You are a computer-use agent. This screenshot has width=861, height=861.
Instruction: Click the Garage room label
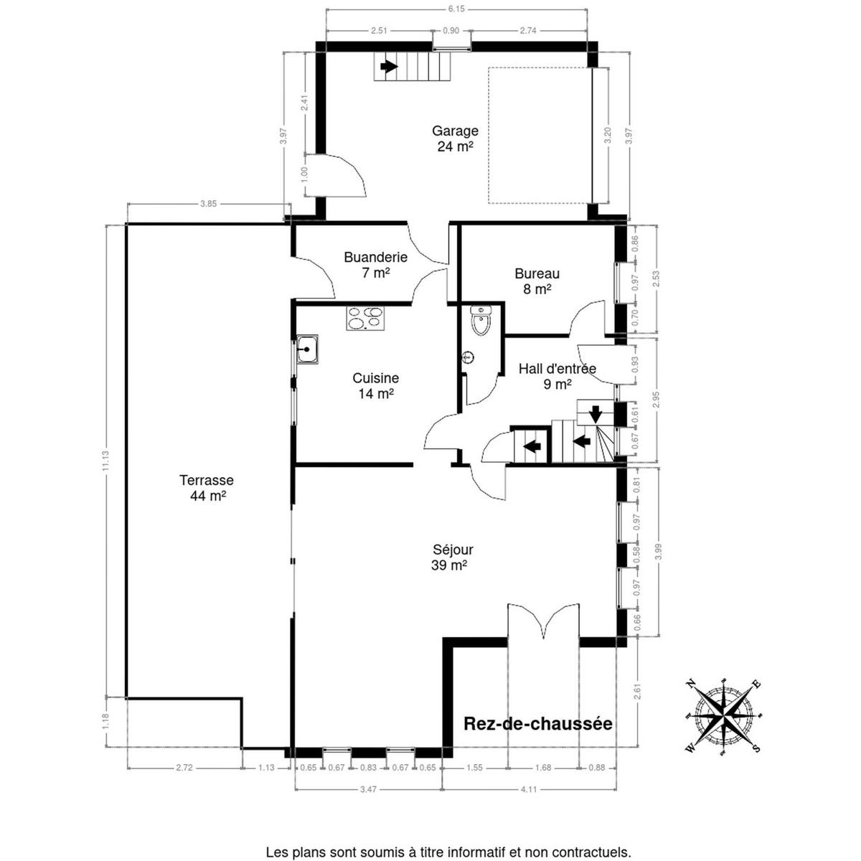tap(455, 138)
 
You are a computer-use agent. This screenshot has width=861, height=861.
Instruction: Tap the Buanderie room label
tap(375, 265)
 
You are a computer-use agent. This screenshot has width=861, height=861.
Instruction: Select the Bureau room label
tap(537, 281)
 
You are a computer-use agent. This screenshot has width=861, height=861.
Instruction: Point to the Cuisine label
tap(375, 385)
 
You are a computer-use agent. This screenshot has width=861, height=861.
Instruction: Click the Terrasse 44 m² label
tap(207, 487)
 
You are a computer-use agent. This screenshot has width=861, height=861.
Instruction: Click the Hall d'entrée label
tap(557, 376)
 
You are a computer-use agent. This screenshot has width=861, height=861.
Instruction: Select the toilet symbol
tap(480, 320)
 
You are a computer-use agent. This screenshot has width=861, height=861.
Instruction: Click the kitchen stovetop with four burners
tap(365, 319)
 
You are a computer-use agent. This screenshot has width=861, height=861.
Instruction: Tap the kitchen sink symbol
tap(307, 349)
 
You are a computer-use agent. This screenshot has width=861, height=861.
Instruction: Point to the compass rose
tap(723, 718)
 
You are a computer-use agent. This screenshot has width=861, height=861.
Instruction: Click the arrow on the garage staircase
tap(389, 67)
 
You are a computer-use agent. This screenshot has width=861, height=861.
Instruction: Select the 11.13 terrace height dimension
tap(106, 460)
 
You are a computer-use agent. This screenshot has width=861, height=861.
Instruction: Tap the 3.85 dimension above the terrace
tap(208, 204)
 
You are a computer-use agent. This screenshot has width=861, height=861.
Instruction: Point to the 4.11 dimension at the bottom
tap(529, 789)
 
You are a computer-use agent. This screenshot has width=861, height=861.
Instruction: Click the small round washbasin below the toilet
tap(469, 357)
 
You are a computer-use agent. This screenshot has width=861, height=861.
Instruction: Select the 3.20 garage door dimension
tap(608, 136)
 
